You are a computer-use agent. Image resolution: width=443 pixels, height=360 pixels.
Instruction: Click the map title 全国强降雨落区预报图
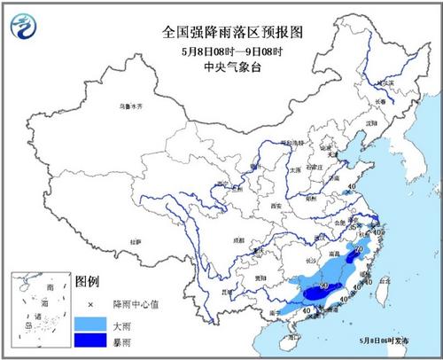tap(221, 32)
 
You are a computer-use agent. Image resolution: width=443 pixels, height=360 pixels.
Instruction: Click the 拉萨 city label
tap(135, 240)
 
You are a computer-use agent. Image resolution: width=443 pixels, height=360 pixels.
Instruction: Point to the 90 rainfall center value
tap(325, 286)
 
